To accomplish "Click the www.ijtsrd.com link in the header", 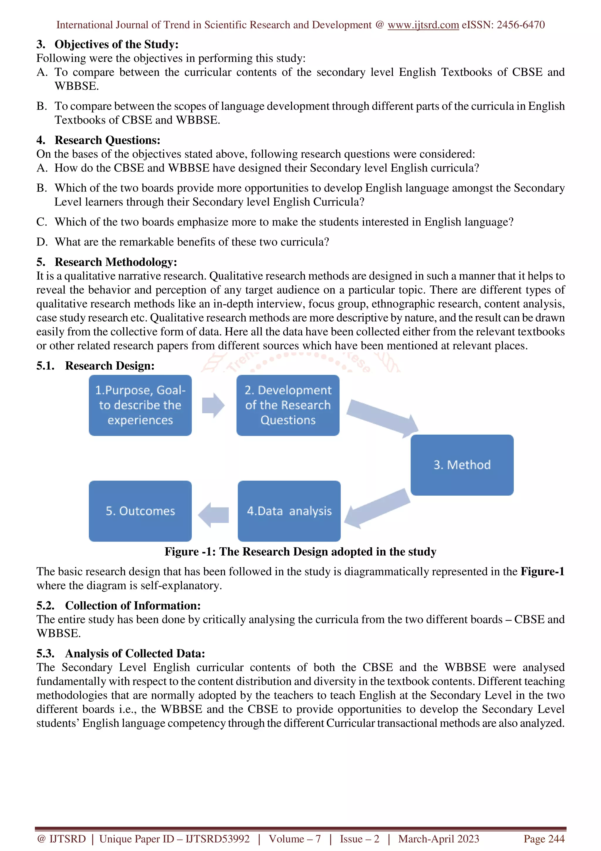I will coord(423,25).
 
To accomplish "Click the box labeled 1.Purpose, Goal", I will coord(140,405).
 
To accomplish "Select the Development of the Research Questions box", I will coord(288,405).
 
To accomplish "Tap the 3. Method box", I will coord(462,465).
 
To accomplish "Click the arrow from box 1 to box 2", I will coord(213,405).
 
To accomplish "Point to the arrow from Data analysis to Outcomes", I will coord(214,515).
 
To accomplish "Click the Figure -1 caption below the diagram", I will coord(300,551).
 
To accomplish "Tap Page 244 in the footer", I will coord(543,839).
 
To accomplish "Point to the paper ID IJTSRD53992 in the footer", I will coord(217,839).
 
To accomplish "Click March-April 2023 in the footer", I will coord(438,839).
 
